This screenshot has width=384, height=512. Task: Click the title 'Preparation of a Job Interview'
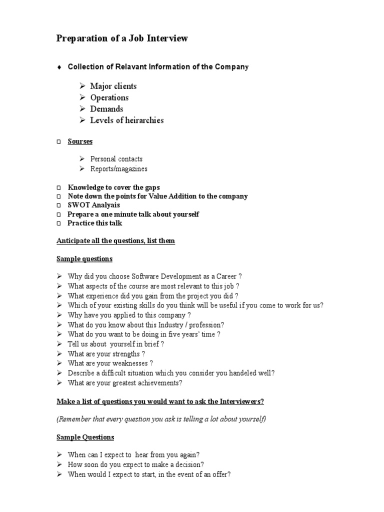coord(122,38)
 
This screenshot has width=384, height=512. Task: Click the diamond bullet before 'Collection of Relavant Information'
coord(59,67)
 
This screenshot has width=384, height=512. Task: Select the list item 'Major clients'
coord(113,86)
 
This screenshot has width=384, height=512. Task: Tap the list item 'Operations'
coord(109,97)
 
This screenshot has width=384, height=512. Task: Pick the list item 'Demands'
coord(106,109)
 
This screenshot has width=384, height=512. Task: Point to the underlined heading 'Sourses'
coord(80,141)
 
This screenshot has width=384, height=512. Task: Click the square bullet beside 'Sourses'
coord(58,142)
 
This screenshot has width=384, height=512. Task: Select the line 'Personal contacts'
coord(116,159)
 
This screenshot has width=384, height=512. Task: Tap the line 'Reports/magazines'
coord(118,169)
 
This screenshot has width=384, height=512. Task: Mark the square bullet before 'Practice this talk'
coord(58,223)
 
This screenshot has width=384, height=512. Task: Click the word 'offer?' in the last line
coord(220,474)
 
